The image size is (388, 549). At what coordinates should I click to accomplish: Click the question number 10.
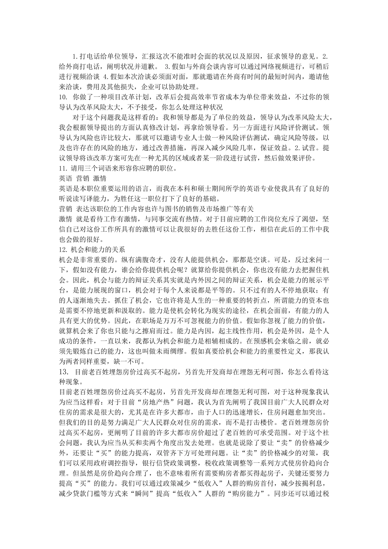tap(63, 98)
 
